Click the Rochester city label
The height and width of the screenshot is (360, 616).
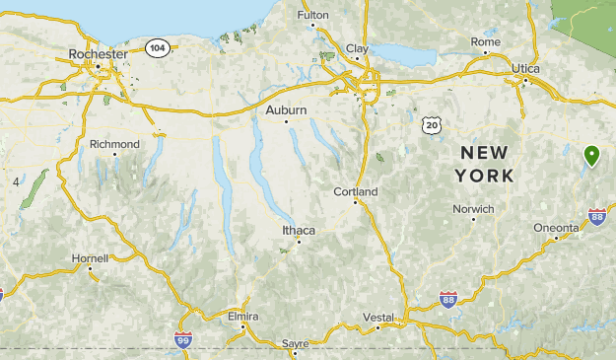(x=99, y=53)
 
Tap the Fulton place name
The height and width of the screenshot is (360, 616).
(x=312, y=16)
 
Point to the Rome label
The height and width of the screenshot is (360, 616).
(x=485, y=41)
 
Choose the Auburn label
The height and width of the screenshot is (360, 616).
(x=286, y=109)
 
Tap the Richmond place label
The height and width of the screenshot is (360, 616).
(x=114, y=144)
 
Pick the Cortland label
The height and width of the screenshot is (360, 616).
(x=356, y=191)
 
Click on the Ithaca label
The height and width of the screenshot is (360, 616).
(x=299, y=230)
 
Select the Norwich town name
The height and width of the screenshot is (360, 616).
(x=473, y=209)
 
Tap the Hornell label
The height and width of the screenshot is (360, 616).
(x=90, y=257)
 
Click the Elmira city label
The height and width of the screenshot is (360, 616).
(x=241, y=316)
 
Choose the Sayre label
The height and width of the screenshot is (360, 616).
(x=295, y=343)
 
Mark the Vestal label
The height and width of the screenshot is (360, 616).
(x=378, y=317)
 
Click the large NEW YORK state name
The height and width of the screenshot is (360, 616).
(x=484, y=164)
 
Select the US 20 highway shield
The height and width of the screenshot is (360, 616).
(x=429, y=123)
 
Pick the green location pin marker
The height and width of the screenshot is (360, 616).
(x=591, y=155)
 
